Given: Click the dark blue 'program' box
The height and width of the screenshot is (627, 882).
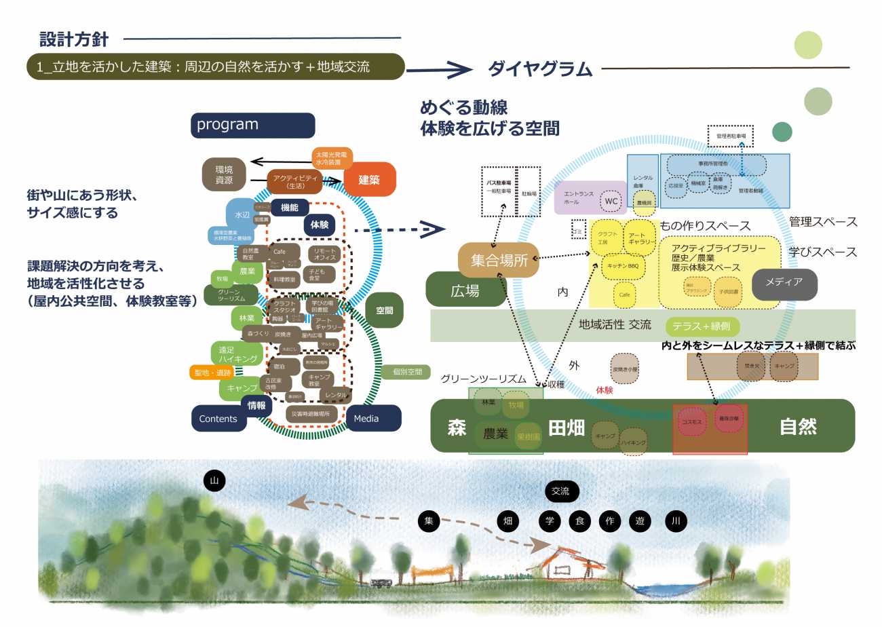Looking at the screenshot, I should (253, 126).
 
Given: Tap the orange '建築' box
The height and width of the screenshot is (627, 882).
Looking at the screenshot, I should (370, 179).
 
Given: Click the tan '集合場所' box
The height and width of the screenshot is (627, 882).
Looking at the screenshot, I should (499, 261).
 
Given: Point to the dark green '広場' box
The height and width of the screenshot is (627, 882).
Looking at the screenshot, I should (465, 290).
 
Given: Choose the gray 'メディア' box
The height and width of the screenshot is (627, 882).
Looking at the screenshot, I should (784, 284).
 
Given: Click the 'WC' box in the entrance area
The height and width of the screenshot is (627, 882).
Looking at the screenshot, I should (611, 201).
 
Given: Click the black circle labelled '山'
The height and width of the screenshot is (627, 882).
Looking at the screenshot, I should (214, 480).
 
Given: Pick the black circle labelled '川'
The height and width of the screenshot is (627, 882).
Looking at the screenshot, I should (676, 521).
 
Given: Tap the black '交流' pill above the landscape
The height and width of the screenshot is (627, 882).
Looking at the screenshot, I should (562, 491).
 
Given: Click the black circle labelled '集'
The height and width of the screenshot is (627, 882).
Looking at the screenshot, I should (429, 521).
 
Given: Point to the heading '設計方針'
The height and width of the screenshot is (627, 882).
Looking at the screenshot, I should (74, 39).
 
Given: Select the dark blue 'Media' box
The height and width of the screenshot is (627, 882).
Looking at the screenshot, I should (373, 418).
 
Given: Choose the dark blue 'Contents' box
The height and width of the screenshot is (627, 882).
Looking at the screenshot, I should (218, 419).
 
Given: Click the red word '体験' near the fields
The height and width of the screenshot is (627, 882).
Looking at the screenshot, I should (605, 391).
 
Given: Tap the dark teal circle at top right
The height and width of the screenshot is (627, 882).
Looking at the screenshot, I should (782, 132).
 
